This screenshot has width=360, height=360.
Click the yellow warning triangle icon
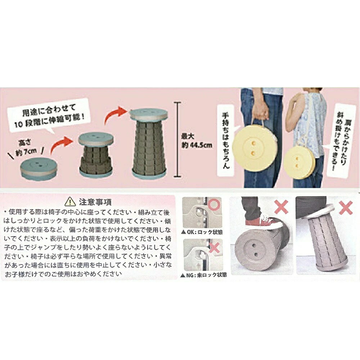click(70, 202)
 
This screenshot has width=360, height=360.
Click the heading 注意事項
click(95, 202)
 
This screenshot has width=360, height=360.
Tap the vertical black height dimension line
click(177, 139)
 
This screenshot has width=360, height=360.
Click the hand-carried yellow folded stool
click(253, 150)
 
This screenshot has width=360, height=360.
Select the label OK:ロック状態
click(202, 231)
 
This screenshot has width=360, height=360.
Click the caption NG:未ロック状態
click(204, 275)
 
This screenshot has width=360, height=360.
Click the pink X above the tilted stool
click(345, 207)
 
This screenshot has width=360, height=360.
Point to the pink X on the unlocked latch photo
click(214, 248)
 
